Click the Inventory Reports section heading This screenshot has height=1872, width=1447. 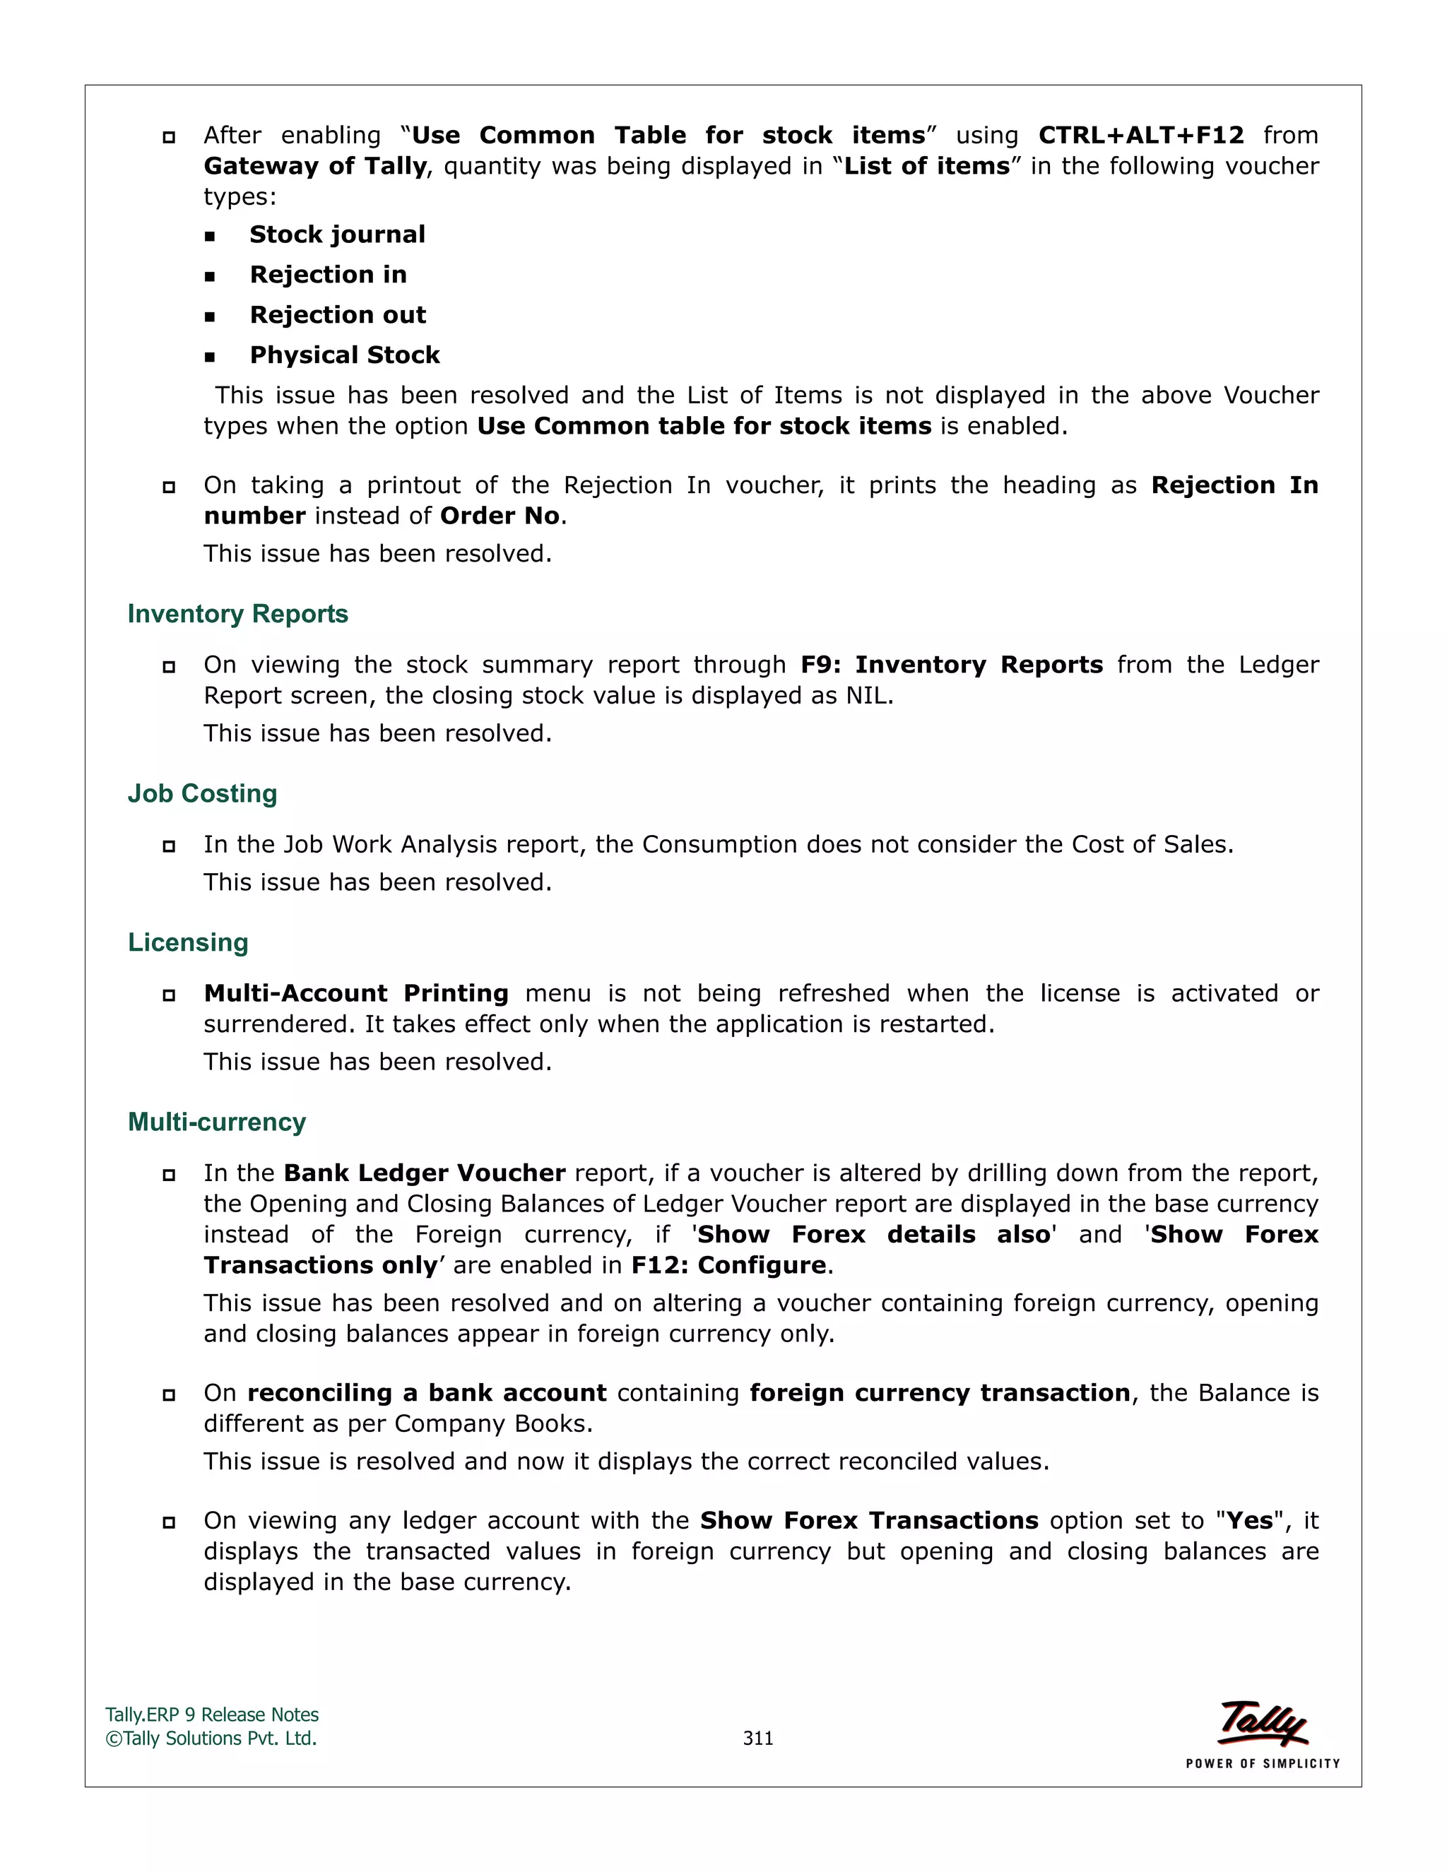237,614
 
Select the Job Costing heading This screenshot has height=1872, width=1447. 202,794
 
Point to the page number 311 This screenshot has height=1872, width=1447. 758,1738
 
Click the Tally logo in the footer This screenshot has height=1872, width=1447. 1263,1724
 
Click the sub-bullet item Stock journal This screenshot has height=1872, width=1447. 337,235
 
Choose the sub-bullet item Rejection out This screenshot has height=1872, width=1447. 338,316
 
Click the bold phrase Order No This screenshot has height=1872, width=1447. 500,516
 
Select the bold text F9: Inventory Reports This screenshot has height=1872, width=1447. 952,665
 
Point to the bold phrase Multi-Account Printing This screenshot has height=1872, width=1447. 356,993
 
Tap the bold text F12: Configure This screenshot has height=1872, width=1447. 728,1265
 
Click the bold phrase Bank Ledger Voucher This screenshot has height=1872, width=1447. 425,1173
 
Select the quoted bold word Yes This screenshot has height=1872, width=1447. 1250,1521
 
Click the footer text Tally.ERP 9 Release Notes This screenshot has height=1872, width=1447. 212,1715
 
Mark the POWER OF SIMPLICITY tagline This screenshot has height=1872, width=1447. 1263,1764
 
